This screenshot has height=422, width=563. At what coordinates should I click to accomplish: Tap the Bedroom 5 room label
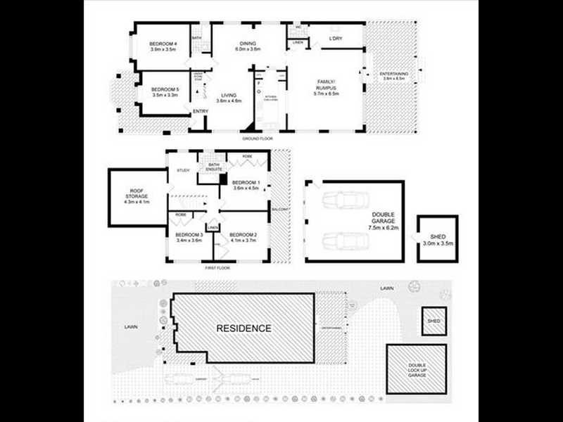pos(166,92)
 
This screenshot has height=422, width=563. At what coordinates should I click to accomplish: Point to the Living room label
pos(229,98)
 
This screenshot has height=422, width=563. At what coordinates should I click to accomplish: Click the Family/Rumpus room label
pos(326,87)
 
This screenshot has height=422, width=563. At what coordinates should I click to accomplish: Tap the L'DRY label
pos(335,38)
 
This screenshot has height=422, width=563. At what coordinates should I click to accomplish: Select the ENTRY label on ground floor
pos(201,111)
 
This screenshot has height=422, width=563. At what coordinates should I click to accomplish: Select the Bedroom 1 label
pos(246,185)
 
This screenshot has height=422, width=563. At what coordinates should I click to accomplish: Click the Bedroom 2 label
pos(243,237)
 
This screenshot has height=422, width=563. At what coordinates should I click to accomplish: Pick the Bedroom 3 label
pos(189,237)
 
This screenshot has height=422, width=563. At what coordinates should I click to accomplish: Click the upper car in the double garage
pos(343,200)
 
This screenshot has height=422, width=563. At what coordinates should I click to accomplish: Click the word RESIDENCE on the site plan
pos(243,328)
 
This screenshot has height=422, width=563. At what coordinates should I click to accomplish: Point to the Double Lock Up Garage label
pos(417,369)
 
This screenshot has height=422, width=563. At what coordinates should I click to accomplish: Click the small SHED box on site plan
pos(434,320)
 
